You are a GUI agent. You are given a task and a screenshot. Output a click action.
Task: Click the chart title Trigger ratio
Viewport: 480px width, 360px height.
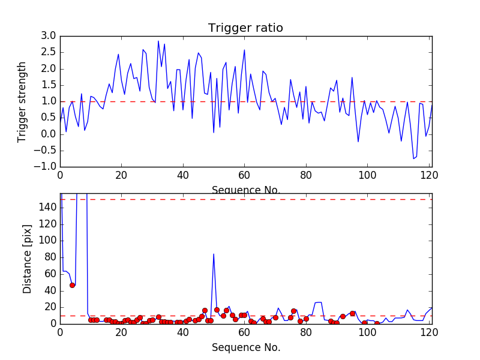tap(245, 28)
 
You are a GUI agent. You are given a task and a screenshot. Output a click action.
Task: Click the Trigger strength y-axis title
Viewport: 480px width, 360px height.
tap(22, 101)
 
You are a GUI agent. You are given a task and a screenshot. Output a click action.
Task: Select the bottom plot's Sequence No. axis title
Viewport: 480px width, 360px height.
tap(246, 347)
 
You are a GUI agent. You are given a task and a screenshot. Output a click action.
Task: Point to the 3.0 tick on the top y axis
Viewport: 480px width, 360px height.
tap(49, 36)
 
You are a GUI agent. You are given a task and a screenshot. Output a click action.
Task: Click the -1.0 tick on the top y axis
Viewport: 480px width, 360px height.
tap(47, 166)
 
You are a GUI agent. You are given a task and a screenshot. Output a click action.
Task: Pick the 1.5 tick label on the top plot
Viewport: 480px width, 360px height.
tap(49, 85)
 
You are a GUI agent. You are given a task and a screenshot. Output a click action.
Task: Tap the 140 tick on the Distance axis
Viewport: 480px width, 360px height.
tap(49, 208)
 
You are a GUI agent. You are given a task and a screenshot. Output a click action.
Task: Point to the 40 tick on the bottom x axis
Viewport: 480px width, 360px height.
tap(182, 332)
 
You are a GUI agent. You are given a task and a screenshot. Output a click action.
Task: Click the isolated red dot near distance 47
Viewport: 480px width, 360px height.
tap(72, 285)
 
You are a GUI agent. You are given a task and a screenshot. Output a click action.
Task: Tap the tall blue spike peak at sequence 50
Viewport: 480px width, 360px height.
tap(214, 254)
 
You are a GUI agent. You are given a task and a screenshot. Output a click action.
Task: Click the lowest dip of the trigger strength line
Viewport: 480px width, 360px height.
tap(413, 158)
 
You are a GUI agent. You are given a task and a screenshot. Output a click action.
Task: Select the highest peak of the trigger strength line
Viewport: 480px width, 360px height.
tap(158, 41)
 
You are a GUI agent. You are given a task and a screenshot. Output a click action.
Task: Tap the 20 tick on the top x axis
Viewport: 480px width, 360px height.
tap(121, 175)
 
